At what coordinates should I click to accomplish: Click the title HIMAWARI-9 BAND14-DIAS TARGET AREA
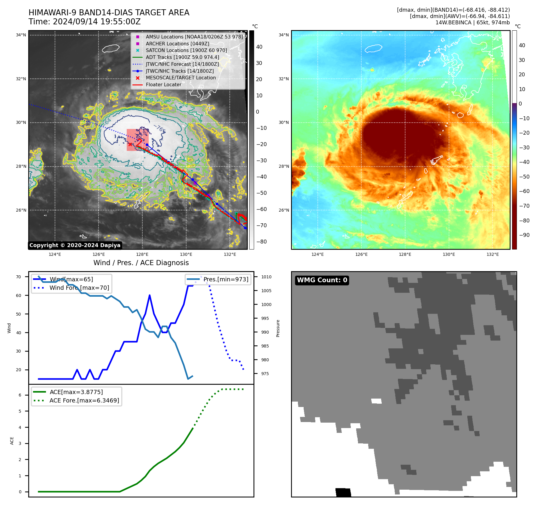(x=109, y=13)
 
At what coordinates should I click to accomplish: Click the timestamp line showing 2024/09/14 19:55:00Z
(x=84, y=22)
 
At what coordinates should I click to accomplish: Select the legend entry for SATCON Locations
(x=186, y=50)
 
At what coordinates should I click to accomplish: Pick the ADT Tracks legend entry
(x=182, y=57)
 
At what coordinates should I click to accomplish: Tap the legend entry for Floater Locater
(x=163, y=84)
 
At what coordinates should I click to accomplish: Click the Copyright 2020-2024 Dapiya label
(x=75, y=245)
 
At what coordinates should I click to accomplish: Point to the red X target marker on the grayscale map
(x=130, y=145)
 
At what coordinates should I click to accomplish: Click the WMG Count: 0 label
(x=322, y=280)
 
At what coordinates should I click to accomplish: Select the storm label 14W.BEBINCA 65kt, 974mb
(x=472, y=23)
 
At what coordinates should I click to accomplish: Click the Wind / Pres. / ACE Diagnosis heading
(x=141, y=263)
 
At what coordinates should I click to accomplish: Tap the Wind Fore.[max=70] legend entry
(x=79, y=288)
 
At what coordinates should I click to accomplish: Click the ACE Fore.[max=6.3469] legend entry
(x=84, y=400)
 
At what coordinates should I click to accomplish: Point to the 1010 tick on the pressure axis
(x=266, y=277)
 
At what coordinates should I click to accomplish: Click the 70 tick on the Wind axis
(x=19, y=277)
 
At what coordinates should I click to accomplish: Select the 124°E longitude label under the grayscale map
(x=55, y=254)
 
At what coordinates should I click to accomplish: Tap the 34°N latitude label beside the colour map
(x=284, y=35)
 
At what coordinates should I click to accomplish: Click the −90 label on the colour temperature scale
(x=524, y=235)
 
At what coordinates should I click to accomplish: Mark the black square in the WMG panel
(x=343, y=492)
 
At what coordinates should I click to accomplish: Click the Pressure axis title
(x=278, y=328)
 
